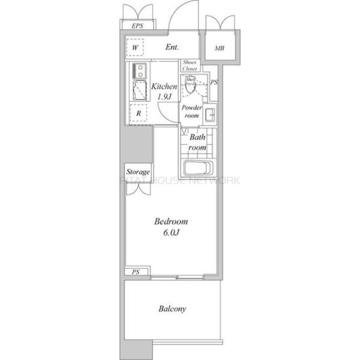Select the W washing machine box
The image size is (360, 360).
click(x=136, y=47)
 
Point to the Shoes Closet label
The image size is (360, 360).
click(x=190, y=65)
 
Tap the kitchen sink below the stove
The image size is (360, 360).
click(x=139, y=91)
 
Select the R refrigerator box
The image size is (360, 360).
click(x=139, y=113)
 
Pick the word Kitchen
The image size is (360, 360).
click(x=164, y=86)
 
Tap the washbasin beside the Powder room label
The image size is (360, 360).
click(x=210, y=114)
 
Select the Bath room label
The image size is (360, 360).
click(x=197, y=142)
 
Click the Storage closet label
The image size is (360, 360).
click(x=137, y=172)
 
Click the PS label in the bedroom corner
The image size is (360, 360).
click(x=136, y=272)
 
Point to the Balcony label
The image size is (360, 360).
click(x=172, y=309)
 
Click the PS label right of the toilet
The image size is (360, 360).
click(x=214, y=82)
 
